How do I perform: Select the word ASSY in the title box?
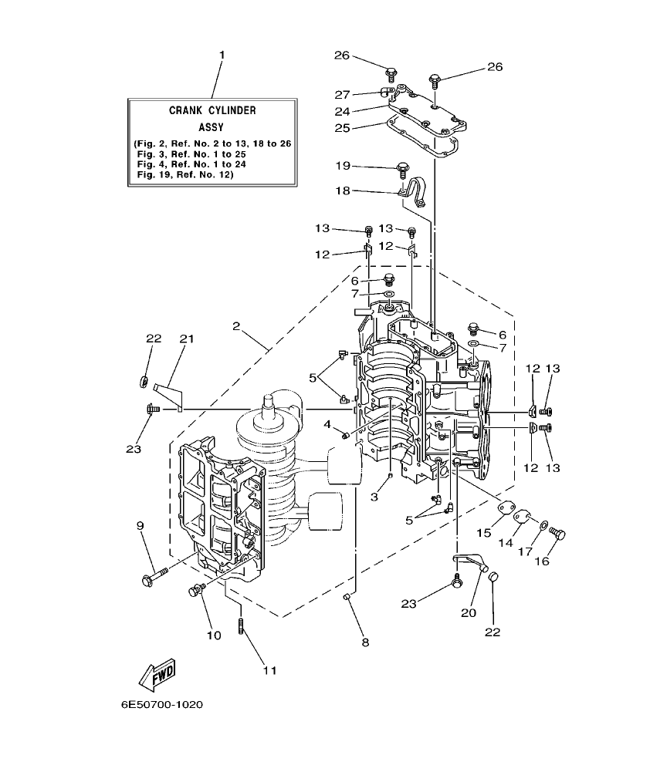(x=212, y=126)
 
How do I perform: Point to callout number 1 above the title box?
(x=222, y=55)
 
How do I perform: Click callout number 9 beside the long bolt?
(x=140, y=526)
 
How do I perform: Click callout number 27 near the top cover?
(x=343, y=94)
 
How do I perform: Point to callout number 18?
(x=343, y=190)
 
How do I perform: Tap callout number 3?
(x=374, y=497)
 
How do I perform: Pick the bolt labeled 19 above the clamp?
(x=403, y=167)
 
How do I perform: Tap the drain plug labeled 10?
(x=195, y=591)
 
